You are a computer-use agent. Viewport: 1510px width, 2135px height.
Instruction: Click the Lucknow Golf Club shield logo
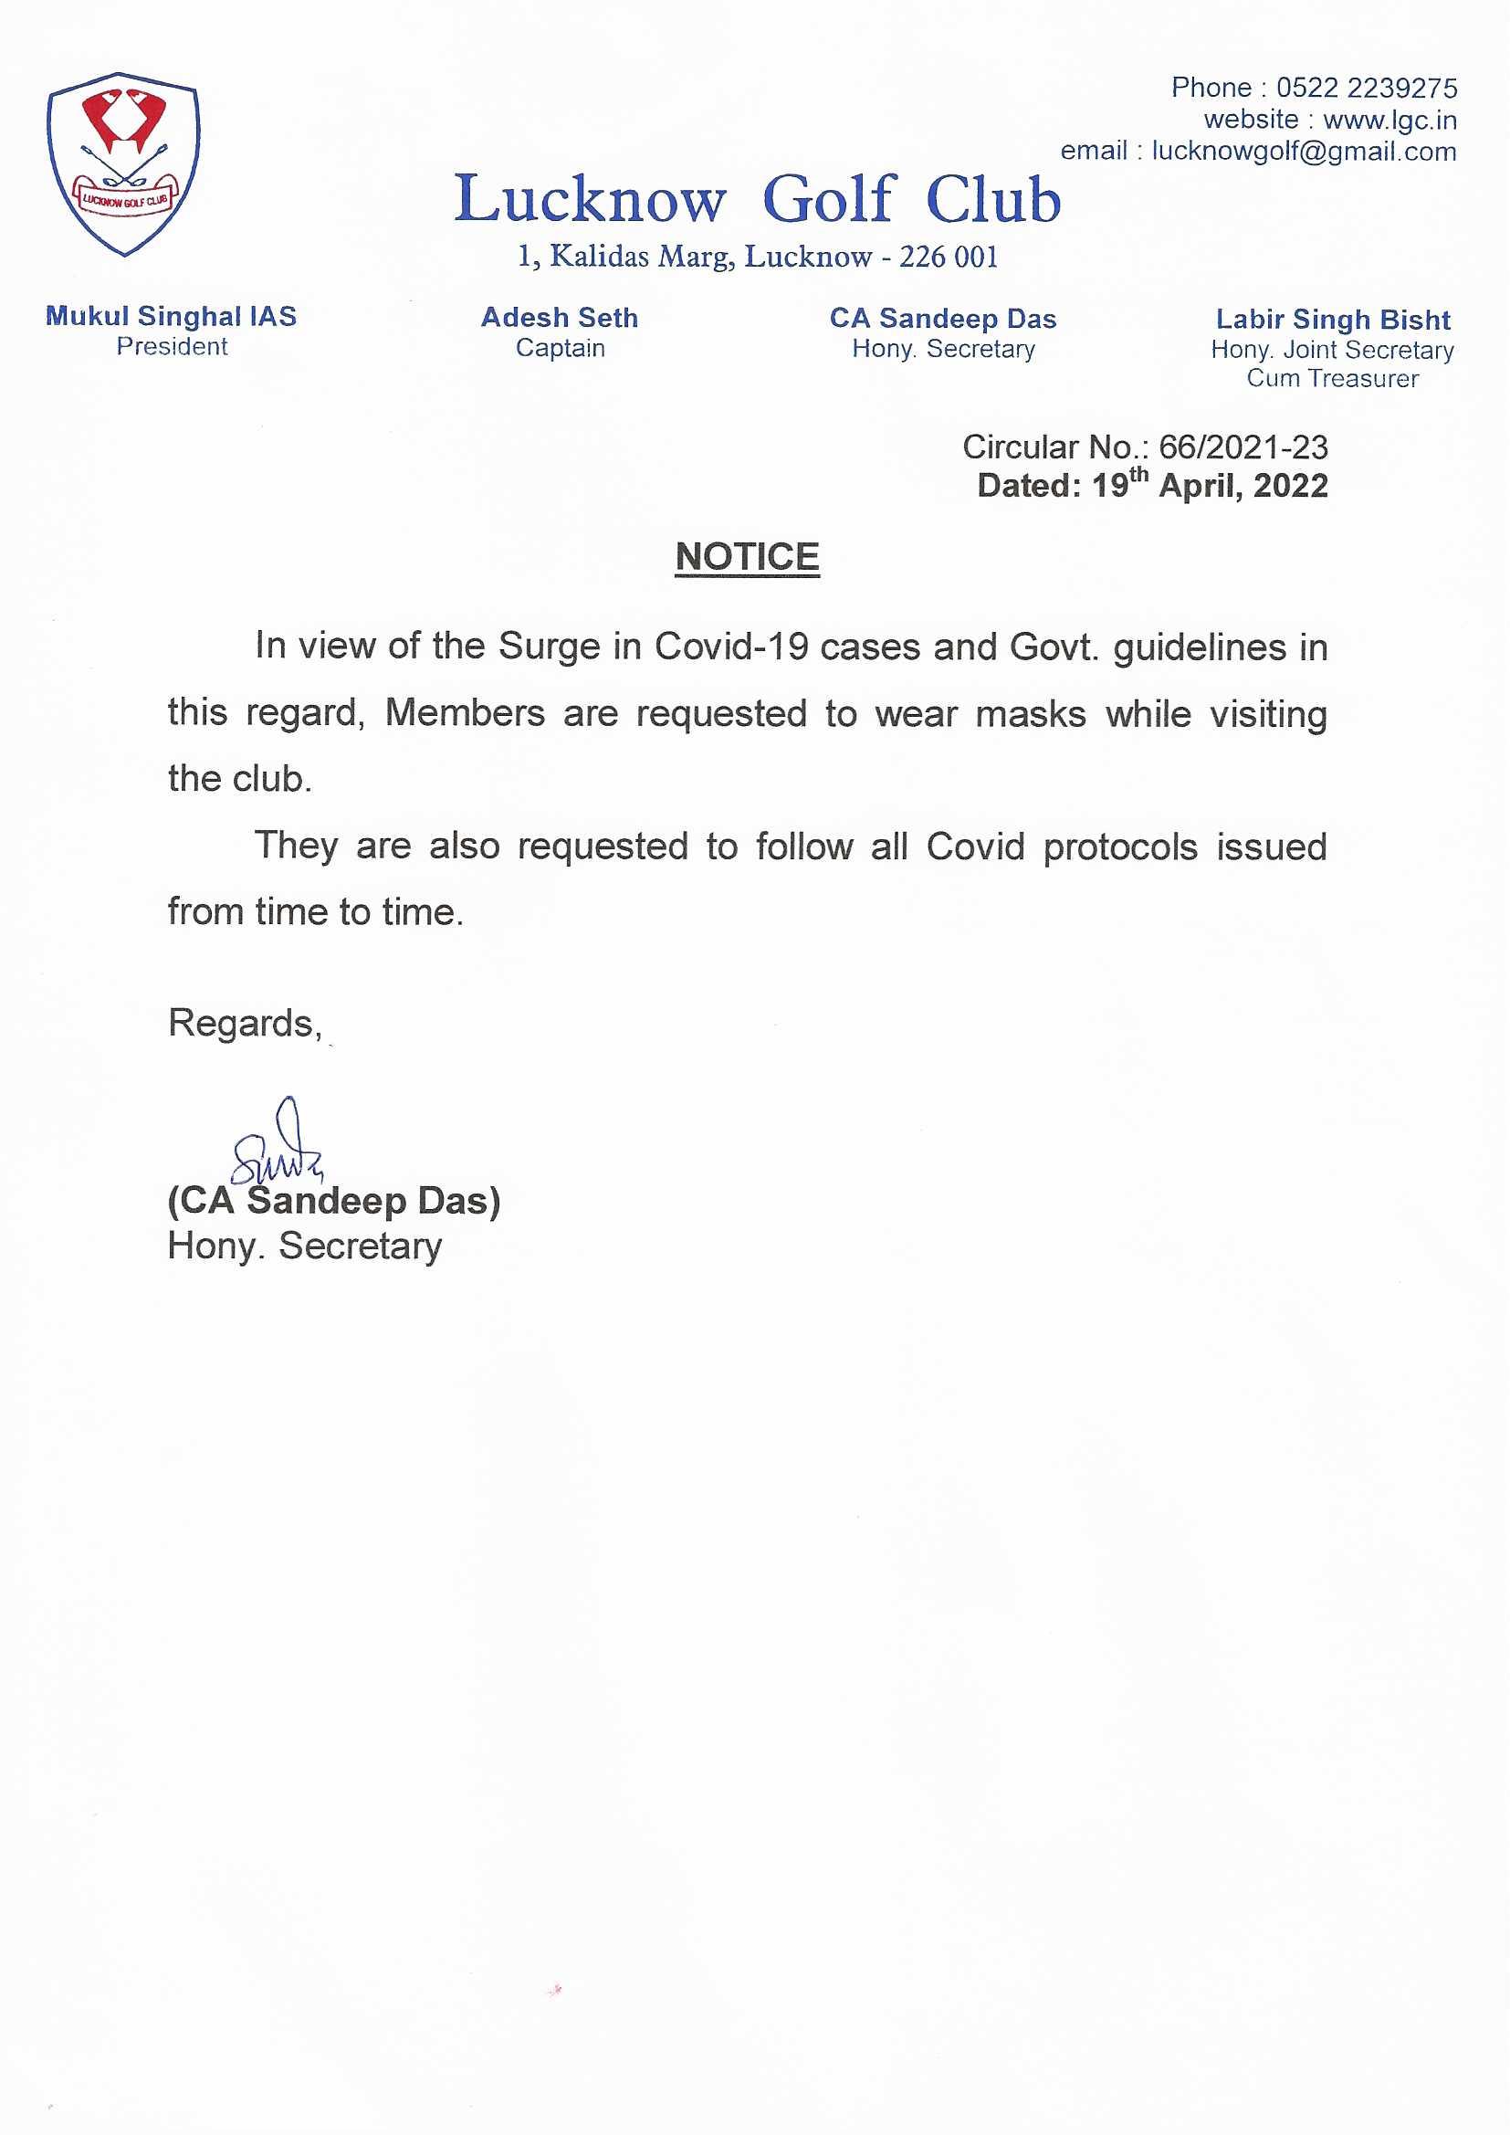123,163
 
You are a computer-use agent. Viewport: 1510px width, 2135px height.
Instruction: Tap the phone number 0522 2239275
1366,89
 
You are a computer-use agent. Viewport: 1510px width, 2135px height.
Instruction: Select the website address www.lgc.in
1389,120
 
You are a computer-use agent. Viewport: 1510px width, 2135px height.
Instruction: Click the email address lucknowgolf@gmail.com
1304,152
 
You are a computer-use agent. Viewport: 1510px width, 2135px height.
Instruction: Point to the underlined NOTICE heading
747,557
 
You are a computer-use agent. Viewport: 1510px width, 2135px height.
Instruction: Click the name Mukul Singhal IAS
171,316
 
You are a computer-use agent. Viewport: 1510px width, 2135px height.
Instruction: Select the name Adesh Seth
560,318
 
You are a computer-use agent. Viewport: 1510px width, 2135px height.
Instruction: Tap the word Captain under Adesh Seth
560,349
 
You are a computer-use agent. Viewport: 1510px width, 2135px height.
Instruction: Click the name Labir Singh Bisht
1332,320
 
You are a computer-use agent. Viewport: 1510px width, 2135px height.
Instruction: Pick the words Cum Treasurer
1332,378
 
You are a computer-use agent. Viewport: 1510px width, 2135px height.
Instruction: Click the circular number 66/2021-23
1243,447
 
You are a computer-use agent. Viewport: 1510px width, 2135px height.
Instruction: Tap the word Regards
245,1023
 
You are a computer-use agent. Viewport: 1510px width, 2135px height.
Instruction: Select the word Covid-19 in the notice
731,647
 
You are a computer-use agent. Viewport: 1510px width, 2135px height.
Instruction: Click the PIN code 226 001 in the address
948,257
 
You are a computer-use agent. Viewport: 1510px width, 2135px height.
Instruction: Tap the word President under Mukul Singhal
171,347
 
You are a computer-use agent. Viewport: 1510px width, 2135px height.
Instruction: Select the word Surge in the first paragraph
549,647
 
